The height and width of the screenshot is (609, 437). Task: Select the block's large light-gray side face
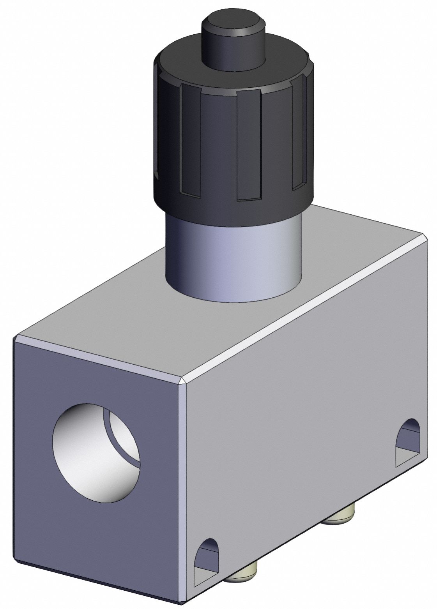pos(304,448)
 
